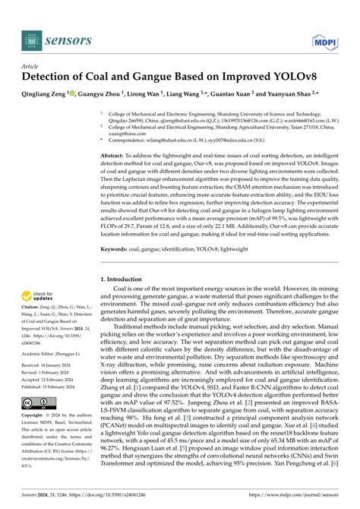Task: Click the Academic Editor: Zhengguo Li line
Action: [x=52, y=354]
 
